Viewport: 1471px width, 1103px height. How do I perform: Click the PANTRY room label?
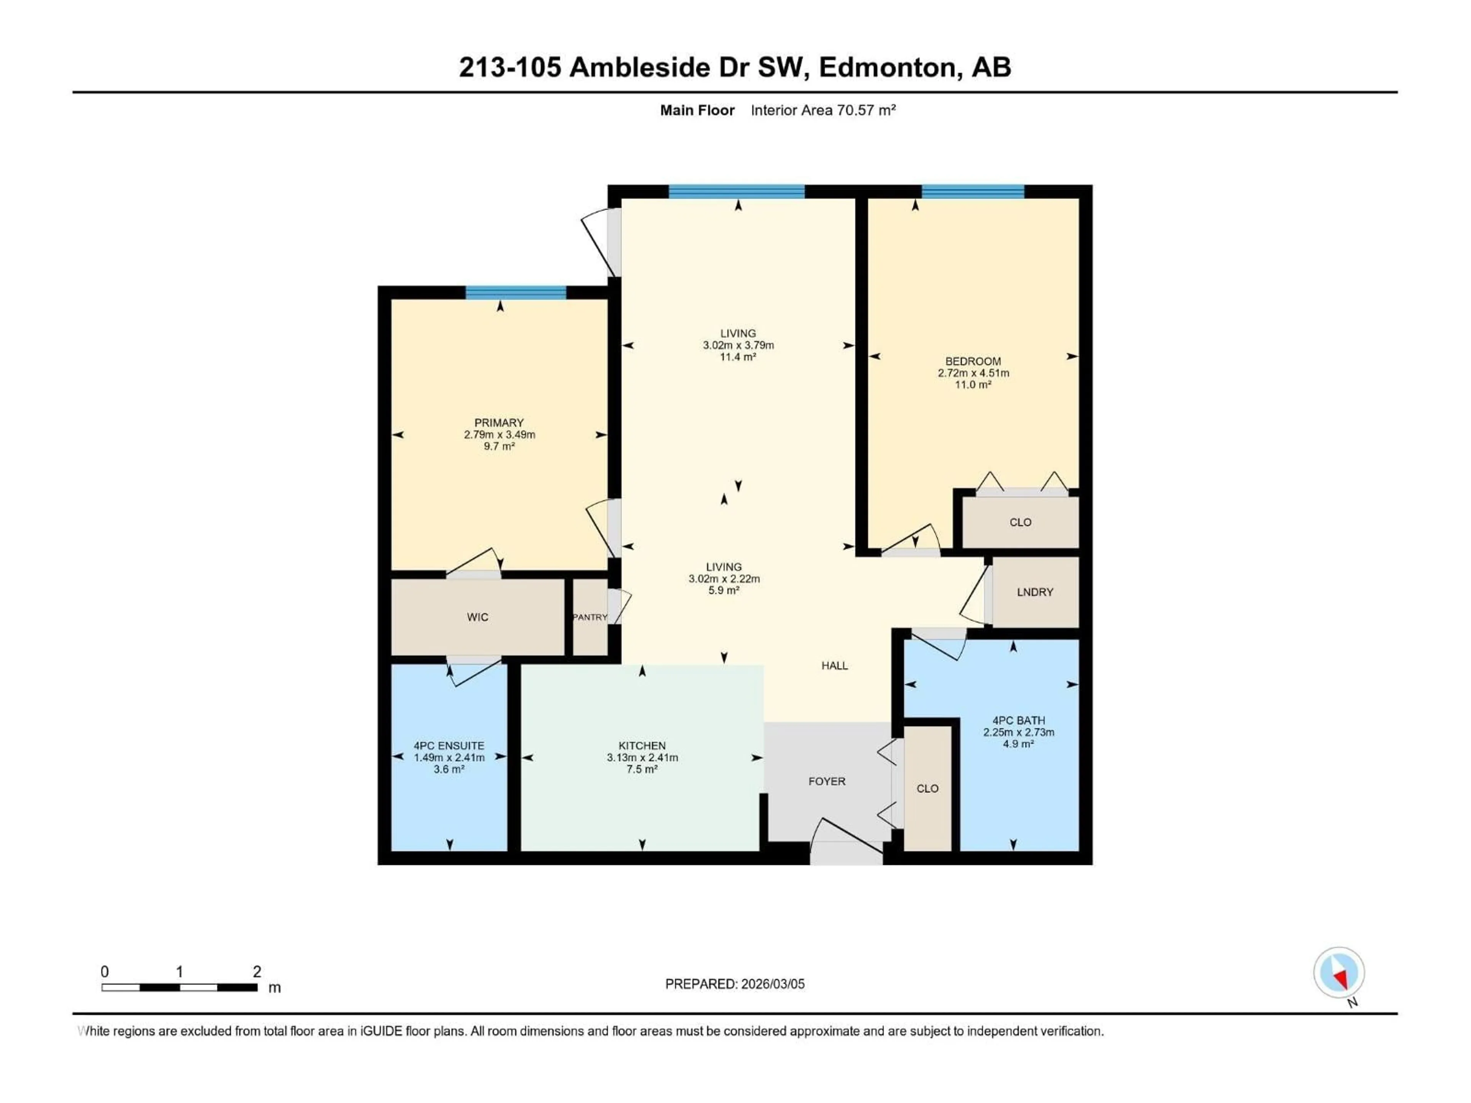click(x=590, y=617)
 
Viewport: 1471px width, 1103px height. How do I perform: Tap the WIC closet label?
click(x=477, y=617)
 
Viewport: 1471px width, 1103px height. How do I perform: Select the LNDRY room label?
click(x=1035, y=592)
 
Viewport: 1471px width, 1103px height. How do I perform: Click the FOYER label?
click(x=827, y=781)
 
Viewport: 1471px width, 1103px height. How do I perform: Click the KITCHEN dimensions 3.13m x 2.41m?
click(x=642, y=757)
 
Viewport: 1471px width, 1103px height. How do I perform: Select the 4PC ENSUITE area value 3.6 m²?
click(x=449, y=769)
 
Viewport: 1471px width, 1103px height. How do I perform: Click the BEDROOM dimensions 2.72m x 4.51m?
click(x=973, y=373)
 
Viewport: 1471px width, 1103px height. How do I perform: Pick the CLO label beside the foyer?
click(x=927, y=789)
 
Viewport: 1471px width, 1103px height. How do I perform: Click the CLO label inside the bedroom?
click(x=1020, y=522)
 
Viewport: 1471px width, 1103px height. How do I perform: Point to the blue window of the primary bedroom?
click(x=515, y=293)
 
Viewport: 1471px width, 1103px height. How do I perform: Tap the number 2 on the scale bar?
click(x=257, y=971)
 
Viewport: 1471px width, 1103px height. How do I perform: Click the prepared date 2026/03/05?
click(x=772, y=984)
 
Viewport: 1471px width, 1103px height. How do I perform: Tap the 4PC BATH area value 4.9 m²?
click(x=1018, y=744)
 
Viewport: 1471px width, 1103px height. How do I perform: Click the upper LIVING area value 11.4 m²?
click(x=738, y=357)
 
